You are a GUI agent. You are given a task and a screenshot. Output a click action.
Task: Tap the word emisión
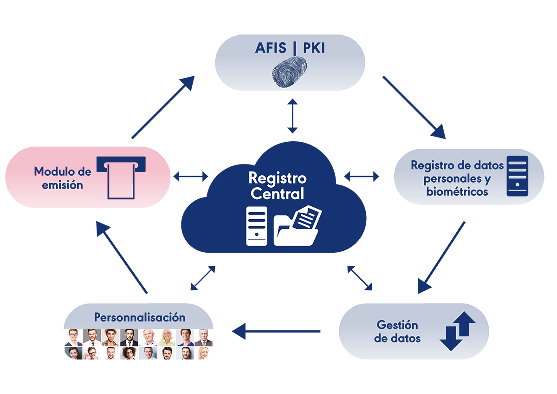click(62, 185)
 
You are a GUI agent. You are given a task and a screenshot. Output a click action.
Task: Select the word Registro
click(278, 178)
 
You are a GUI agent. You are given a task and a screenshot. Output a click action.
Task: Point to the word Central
click(277, 193)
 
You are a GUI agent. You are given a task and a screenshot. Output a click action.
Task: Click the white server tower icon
click(257, 226)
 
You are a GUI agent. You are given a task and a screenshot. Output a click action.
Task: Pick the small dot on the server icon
click(257, 235)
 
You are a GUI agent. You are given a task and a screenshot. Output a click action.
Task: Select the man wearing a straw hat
click(110, 337)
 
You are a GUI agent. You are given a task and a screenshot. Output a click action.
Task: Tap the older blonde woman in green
click(166, 337)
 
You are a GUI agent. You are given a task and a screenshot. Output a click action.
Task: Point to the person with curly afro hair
click(129, 353)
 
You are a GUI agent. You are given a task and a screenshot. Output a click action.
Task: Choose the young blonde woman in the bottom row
click(203, 353)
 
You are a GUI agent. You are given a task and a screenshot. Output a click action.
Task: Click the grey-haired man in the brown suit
click(203, 337)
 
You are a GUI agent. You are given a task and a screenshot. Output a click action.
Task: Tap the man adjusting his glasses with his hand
click(91, 353)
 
